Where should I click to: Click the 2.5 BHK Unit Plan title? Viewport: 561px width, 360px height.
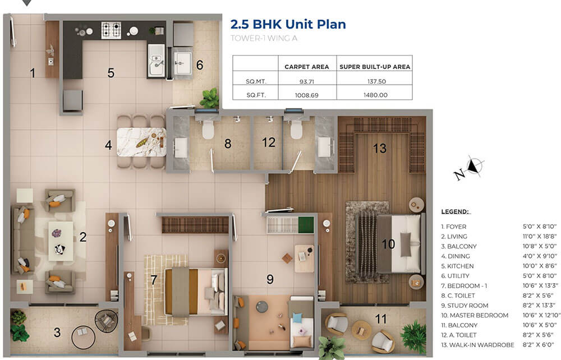288,24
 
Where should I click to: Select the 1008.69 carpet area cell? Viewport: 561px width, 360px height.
306,95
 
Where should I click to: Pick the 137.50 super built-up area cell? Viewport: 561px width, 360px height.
374,81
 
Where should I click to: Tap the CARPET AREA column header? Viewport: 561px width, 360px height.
306,67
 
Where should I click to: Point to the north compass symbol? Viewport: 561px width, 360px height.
475,167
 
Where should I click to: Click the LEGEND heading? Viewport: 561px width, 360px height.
455,211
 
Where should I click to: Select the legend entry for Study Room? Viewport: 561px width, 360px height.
465,305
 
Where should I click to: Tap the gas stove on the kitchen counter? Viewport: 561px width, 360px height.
111,30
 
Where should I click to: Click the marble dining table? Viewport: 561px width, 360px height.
141,142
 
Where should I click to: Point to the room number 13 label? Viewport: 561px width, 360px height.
380,148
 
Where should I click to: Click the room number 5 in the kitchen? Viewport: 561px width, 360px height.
111,73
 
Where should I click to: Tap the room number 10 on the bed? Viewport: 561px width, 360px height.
388,244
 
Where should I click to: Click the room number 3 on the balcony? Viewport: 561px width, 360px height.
57,333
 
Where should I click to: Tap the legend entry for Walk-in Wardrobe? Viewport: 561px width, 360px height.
477,344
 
